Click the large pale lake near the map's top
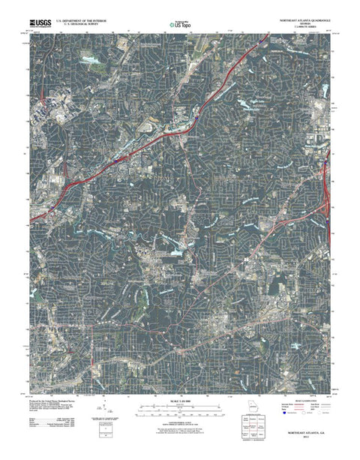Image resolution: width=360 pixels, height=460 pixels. pyautogui.click(x=91, y=59)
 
